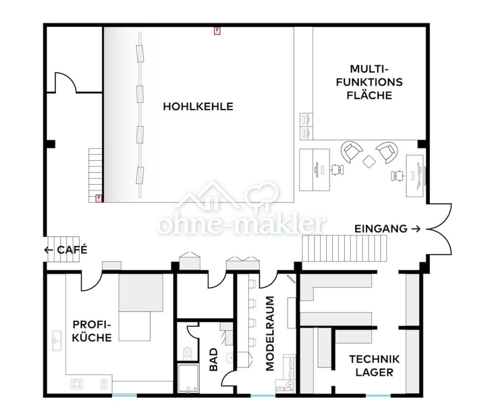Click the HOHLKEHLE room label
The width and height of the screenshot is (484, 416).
[x=198, y=106]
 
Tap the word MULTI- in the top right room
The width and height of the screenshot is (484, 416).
[x=369, y=69]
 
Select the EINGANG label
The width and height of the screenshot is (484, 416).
[x=381, y=229]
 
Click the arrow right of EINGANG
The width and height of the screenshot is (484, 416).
[x=416, y=229]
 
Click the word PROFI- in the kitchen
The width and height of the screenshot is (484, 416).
[x=92, y=325]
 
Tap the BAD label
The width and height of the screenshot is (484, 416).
[x=213, y=360]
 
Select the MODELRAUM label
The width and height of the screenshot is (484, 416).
[x=270, y=333]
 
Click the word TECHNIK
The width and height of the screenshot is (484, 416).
[x=374, y=359]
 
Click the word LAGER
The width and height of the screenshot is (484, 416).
[x=374, y=373]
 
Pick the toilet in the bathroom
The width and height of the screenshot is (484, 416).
[x=187, y=354]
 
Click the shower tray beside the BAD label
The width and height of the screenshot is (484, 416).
[x=188, y=379]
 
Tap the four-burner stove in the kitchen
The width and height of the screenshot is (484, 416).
[x=77, y=384]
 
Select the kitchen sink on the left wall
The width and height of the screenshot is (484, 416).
[x=57, y=341]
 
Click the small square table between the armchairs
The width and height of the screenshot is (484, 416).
[x=369, y=161]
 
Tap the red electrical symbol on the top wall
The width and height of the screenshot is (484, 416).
[x=217, y=31]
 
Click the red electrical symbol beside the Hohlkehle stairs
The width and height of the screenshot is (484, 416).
[x=98, y=199]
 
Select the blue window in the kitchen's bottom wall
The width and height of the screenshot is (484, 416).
[x=124, y=395]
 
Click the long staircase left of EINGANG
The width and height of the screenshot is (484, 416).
[x=344, y=248]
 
